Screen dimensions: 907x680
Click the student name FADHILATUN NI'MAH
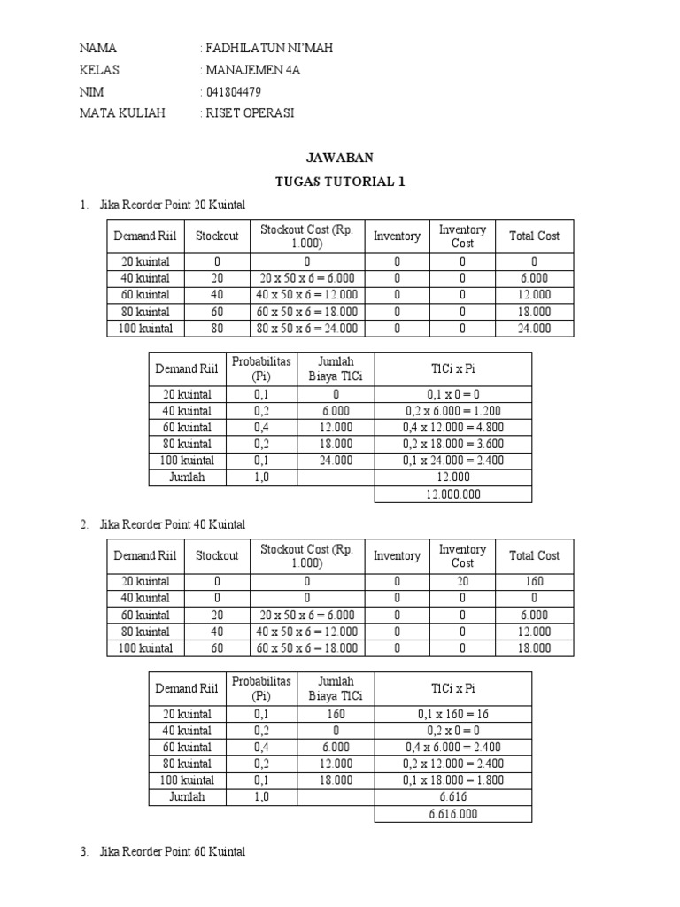[269, 48]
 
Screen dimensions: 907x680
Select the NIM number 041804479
[233, 91]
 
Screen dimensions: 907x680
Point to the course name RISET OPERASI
[250, 113]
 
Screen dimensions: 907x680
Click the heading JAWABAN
[339, 158]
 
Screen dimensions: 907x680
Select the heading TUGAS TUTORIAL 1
[339, 182]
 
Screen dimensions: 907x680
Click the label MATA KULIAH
[122, 113]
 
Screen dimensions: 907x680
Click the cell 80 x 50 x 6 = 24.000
[306, 329]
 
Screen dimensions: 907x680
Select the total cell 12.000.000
[453, 494]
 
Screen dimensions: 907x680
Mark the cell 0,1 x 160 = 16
[453, 714]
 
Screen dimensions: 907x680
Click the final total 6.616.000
[453, 814]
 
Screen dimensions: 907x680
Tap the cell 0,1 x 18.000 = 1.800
[453, 780]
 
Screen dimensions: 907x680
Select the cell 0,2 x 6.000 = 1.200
[453, 411]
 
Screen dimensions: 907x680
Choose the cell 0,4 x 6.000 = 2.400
[453, 747]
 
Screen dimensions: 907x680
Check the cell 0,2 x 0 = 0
[453, 731]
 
